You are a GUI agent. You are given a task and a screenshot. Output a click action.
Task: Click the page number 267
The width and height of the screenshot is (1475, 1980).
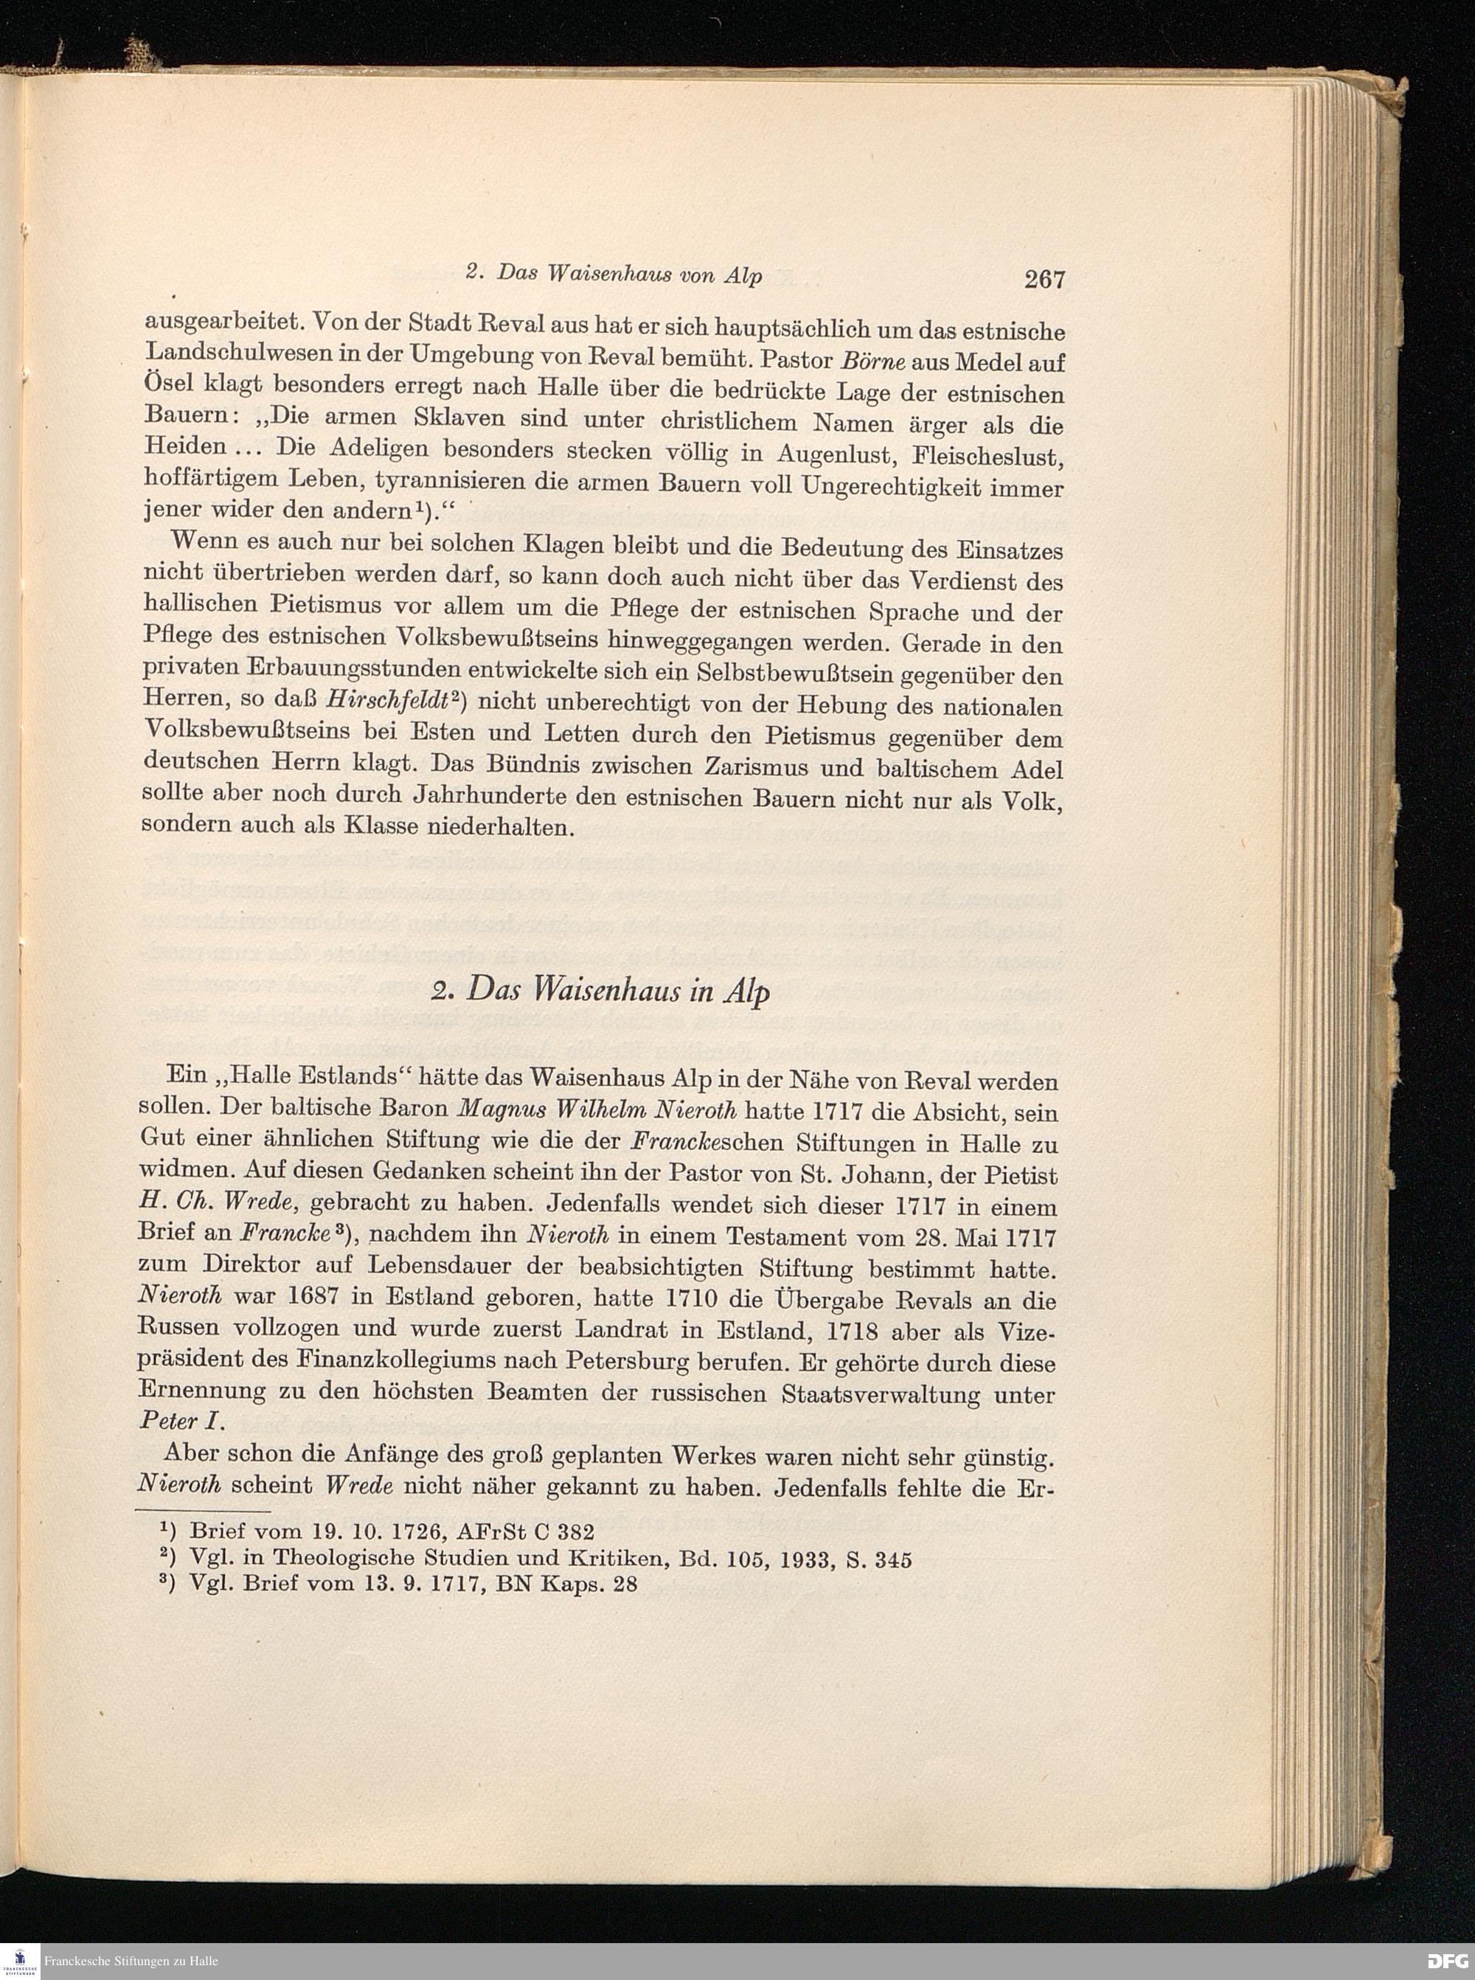(1044, 280)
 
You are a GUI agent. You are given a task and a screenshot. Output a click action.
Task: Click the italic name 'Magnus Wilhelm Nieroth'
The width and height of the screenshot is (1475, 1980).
(597, 1112)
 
